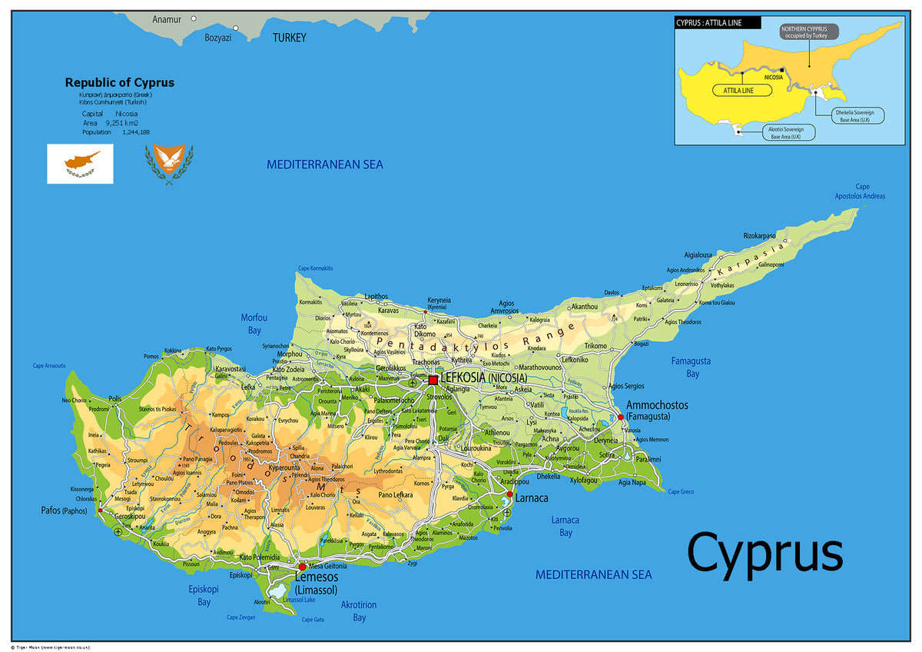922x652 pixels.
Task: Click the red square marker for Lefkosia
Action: pos(433,379)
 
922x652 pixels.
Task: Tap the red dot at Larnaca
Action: pos(509,494)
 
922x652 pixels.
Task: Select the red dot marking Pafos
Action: pos(101,510)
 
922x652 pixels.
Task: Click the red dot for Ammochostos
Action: pos(621,417)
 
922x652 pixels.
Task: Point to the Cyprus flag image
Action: pos(80,164)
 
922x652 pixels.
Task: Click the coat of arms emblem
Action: pos(169,164)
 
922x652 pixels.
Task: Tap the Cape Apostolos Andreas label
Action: pos(860,191)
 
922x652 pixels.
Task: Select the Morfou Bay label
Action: pos(254,324)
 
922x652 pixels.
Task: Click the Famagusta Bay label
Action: pos(691,367)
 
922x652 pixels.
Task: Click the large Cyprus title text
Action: pos(764,553)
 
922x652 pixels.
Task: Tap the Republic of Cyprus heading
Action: pos(119,82)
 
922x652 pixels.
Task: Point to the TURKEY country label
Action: pos(289,38)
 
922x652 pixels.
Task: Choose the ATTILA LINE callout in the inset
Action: pos(733,91)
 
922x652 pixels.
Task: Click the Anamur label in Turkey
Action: pos(167,19)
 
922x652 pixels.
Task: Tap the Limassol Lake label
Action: pos(299,599)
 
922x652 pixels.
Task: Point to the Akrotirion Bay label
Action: pos(359,610)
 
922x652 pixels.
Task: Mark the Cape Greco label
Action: pos(681,491)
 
